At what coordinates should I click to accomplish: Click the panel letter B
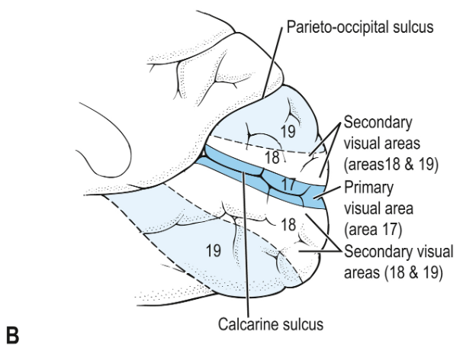point(11,336)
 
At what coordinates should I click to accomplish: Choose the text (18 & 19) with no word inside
point(387,270)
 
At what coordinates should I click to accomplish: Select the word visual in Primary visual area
point(368,207)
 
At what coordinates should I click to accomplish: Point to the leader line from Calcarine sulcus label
point(246,244)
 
